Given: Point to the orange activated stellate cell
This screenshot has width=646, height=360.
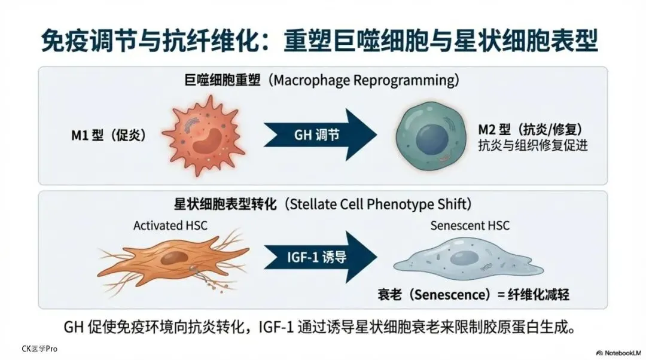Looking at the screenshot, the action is coord(173,258).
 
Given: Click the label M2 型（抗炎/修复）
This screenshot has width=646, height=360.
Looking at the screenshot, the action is coord(530,129).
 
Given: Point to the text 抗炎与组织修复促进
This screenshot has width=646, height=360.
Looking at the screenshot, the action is coord(533,145).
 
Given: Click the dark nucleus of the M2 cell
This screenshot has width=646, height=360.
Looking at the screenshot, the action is coord(433,138).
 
